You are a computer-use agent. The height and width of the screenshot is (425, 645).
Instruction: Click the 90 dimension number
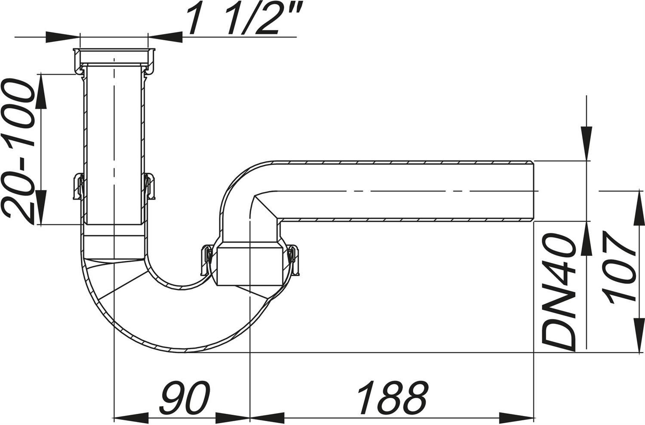tap(185, 397)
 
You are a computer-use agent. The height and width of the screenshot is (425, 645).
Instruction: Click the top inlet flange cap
tap(114, 61)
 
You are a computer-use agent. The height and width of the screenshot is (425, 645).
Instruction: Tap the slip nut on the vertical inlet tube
tap(114, 186)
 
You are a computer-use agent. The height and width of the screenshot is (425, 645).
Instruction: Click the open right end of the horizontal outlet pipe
tap(534, 191)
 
